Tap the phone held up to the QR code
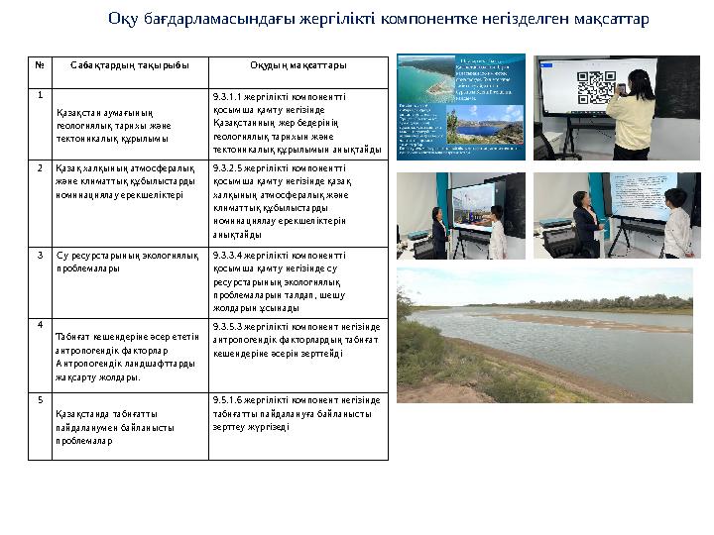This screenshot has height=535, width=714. pyautogui.click(x=617, y=88)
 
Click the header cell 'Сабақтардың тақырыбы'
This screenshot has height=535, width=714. pyautogui.click(x=129, y=65)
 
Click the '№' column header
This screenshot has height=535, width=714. pyautogui.click(x=41, y=65)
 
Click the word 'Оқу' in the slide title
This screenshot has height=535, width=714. pyautogui.click(x=121, y=19)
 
